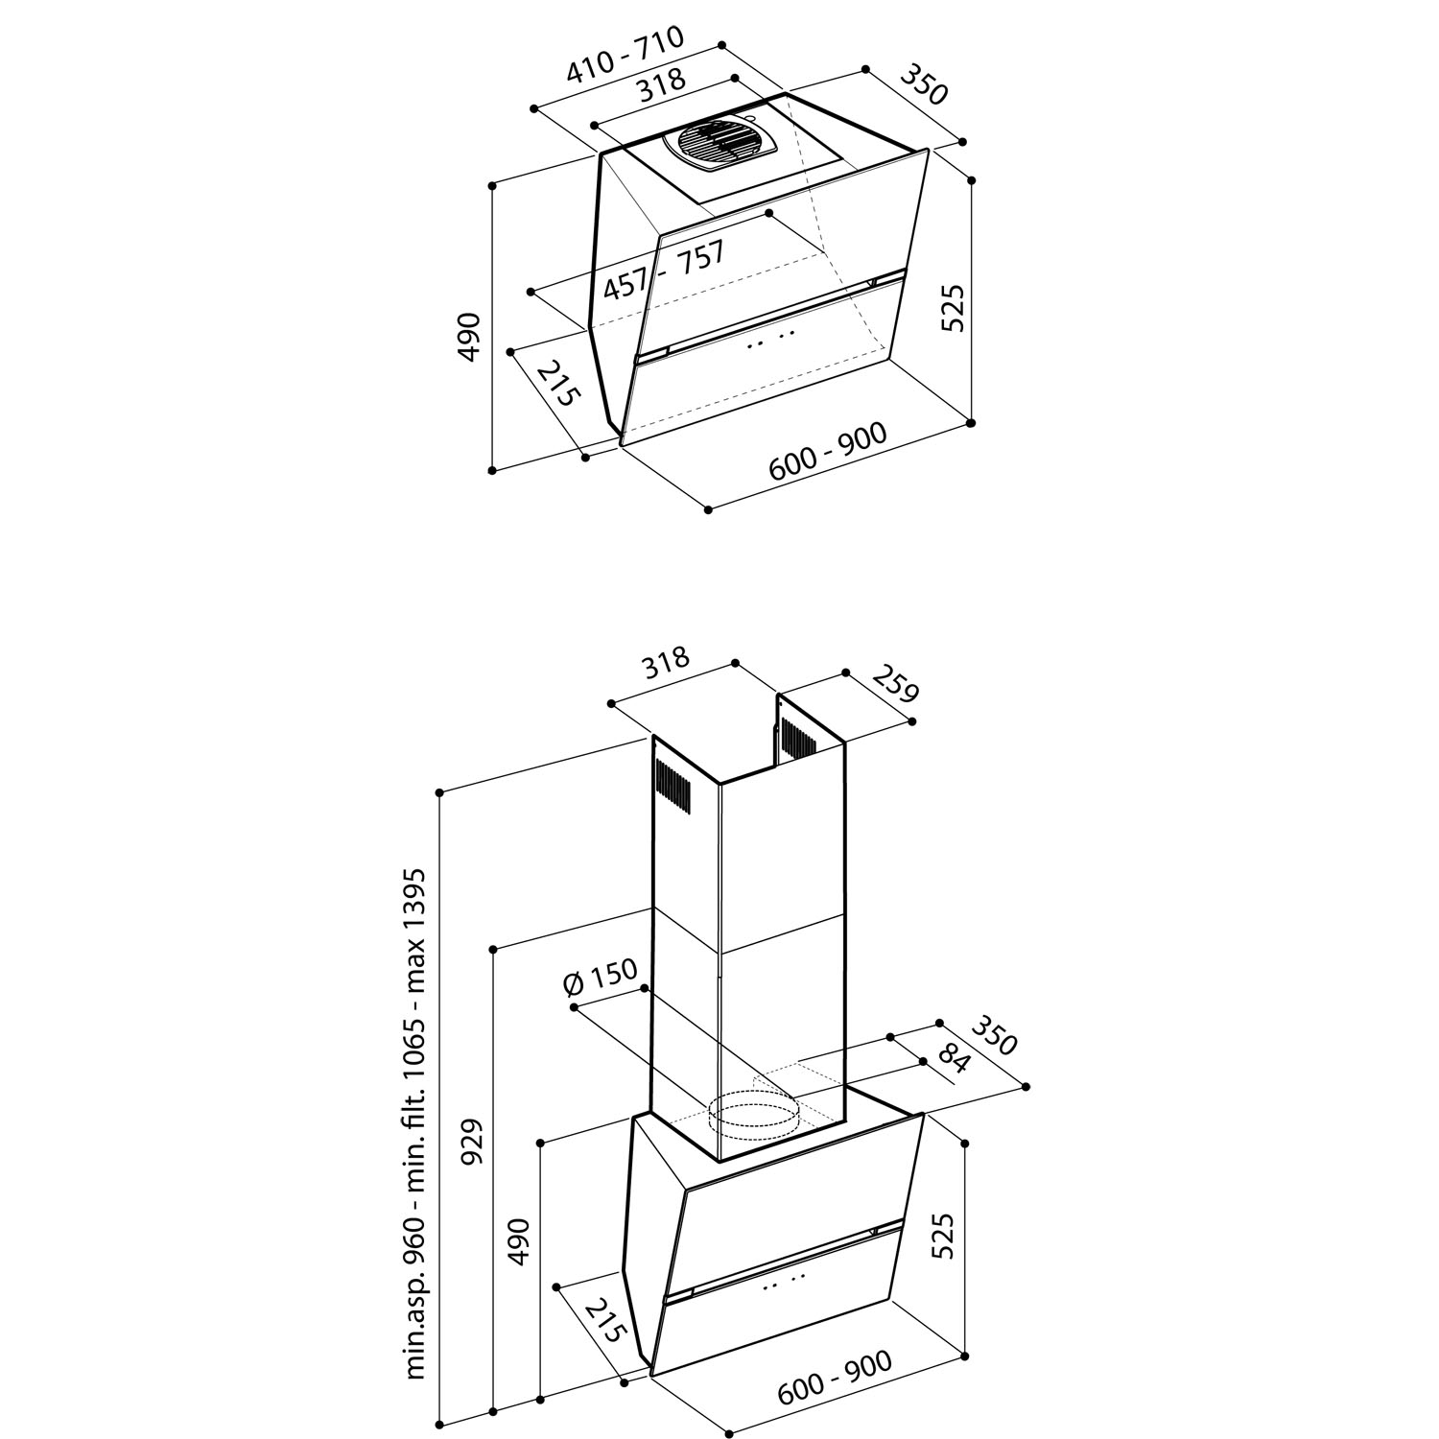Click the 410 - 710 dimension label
point(625,57)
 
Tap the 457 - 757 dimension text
point(663,271)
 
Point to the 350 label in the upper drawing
point(924,85)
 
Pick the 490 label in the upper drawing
point(468,337)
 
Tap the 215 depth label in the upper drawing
point(558,384)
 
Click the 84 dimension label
point(954,1061)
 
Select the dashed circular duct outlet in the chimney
point(754,1116)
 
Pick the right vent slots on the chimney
point(797,737)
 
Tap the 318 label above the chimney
point(666,663)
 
